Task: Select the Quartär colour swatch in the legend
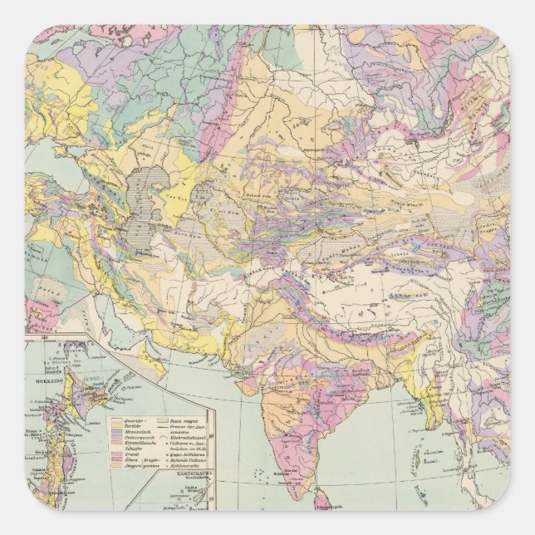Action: point(116,420)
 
